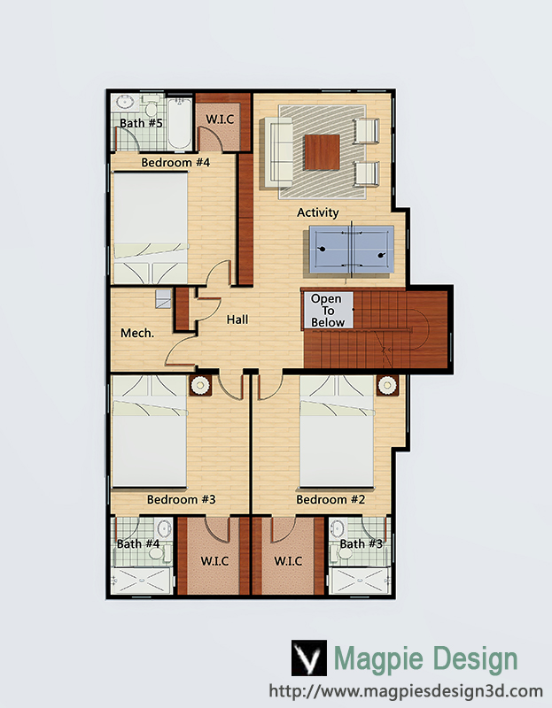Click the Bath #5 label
coord(141,123)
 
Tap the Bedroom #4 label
coord(175,162)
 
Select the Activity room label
coord(318,212)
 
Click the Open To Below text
coord(327,311)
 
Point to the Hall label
coord(237,319)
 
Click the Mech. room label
coord(137,334)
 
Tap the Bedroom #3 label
coord(182,499)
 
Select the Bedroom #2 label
coord(330,499)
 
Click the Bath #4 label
coord(138,543)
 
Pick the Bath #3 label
coord(361,543)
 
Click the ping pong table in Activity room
coord(351,250)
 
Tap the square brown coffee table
coord(322,152)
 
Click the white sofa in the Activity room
coord(276,152)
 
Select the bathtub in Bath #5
coord(180,123)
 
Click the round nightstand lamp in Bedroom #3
coord(199,385)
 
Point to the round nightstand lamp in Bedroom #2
coord(387,385)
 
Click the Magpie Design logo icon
coord(308,658)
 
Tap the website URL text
coord(406,691)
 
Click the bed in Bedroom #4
coord(150,228)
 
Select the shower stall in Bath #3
coord(359,581)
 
